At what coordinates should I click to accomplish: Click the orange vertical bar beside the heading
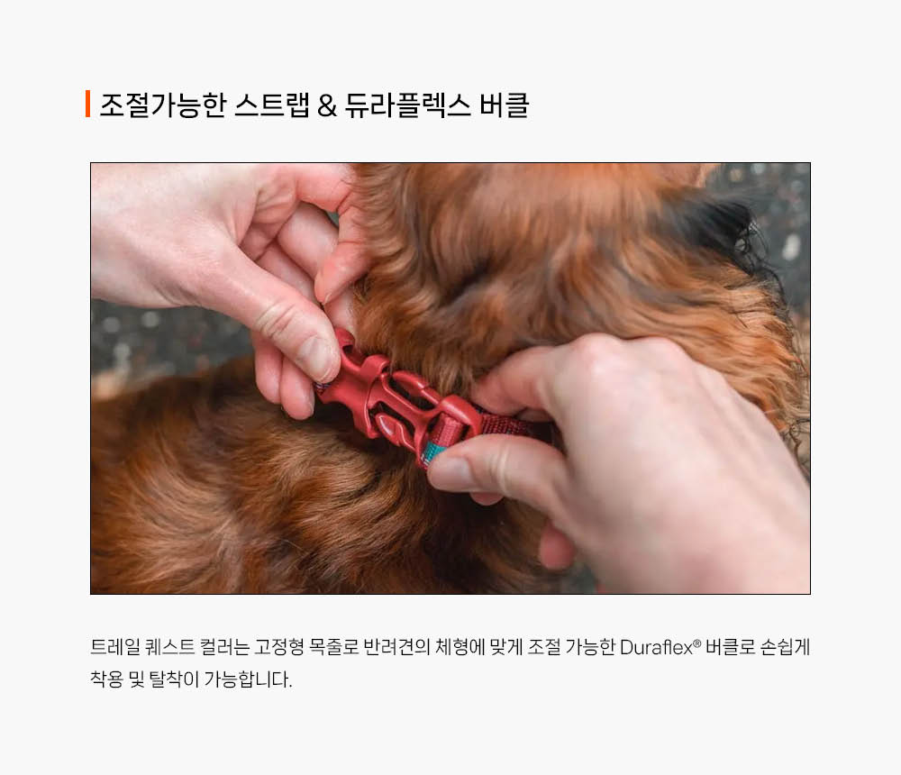coord(88,104)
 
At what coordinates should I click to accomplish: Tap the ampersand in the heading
coord(326,105)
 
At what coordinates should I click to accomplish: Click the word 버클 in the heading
coord(504,105)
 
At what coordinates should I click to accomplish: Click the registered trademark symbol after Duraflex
coord(697,643)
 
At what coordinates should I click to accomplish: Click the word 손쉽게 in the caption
coord(785,647)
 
